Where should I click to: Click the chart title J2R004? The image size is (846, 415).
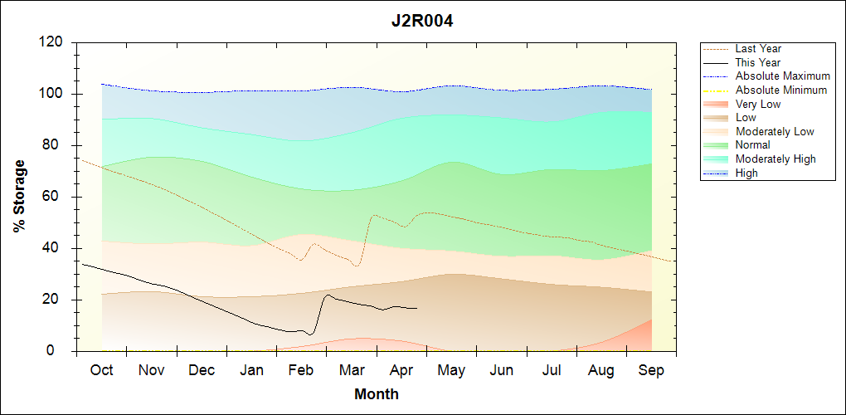click(x=422, y=21)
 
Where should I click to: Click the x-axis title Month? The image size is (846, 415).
click(x=377, y=394)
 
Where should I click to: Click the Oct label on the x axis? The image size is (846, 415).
click(x=101, y=370)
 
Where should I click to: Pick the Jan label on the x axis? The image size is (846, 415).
click(x=252, y=370)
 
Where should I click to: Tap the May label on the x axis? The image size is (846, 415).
click(x=450, y=370)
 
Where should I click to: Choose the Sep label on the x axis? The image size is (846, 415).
click(x=651, y=370)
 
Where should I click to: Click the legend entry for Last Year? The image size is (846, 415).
click(x=758, y=49)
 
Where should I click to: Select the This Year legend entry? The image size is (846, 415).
click(x=758, y=62)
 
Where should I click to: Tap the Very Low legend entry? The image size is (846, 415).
click(x=758, y=104)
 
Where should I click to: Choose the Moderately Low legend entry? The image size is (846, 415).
click(x=775, y=131)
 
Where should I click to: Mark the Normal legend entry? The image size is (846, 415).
click(x=752, y=145)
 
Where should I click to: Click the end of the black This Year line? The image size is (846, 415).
click(x=417, y=309)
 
